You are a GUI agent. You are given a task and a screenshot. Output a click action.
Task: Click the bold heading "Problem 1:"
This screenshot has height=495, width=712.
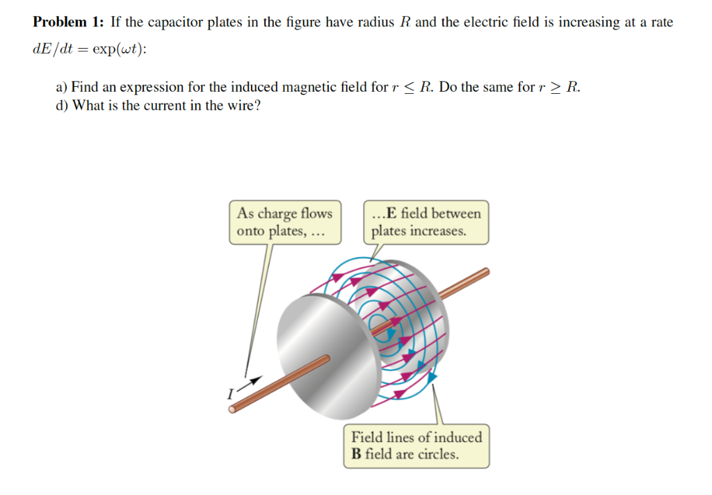tap(69, 22)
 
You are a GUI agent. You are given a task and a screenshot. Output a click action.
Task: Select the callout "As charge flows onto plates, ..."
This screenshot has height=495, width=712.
tap(285, 222)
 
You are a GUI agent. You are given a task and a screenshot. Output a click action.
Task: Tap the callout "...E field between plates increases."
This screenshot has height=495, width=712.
tap(426, 222)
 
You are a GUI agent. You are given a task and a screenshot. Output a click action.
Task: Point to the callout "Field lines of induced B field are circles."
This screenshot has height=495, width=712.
tap(416, 446)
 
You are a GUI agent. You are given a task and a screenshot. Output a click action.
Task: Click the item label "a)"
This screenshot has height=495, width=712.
tap(62, 88)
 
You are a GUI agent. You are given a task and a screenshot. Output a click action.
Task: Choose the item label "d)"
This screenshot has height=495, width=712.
tap(62, 106)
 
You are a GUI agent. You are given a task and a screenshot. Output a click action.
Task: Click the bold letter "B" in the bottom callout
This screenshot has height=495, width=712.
tap(357, 455)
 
